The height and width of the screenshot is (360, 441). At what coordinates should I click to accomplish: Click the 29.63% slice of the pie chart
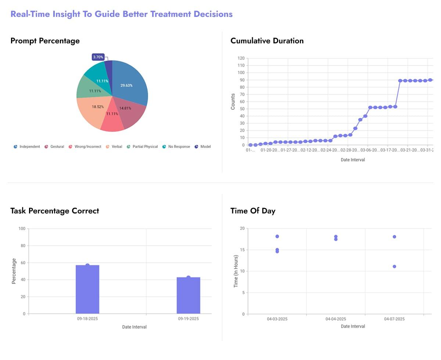tap(129, 84)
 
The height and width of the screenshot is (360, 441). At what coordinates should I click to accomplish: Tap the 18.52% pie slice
tap(94, 108)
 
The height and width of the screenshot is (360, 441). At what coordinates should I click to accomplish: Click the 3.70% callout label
tap(98, 57)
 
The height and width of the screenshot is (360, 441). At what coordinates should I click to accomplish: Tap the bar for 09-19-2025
tap(189, 295)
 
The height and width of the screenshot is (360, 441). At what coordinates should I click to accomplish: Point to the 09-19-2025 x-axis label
tap(189, 319)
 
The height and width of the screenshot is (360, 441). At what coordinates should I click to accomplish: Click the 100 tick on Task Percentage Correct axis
tap(22, 229)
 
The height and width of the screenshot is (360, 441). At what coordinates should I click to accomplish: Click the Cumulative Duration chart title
tap(267, 41)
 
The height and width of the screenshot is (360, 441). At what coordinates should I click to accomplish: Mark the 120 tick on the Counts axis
tap(241, 58)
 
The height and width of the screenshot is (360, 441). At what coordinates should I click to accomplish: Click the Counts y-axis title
tap(233, 102)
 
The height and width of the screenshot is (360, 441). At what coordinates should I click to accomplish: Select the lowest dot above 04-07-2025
tap(394, 266)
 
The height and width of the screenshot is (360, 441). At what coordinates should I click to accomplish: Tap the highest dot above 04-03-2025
tap(277, 236)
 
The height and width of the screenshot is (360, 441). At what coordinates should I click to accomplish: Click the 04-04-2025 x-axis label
tap(336, 319)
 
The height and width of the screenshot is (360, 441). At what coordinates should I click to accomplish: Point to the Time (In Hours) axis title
tap(236, 271)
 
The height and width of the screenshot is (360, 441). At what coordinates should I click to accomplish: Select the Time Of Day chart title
tap(253, 211)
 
